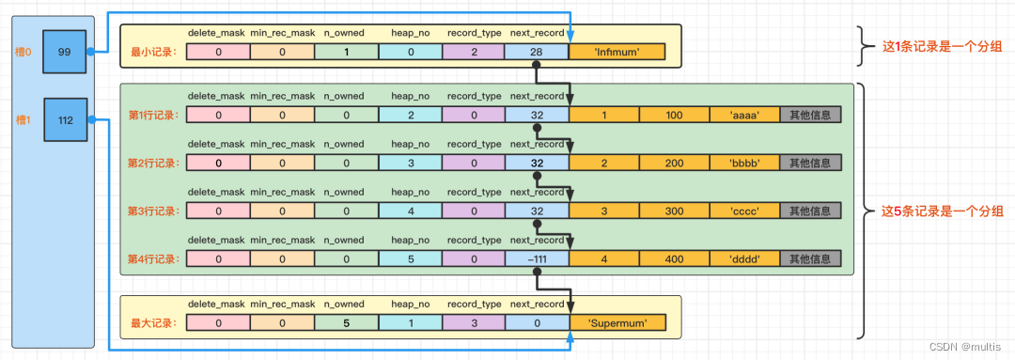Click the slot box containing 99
[64, 52]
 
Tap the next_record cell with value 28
[536, 52]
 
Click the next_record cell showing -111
[536, 258]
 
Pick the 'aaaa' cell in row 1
[744, 115]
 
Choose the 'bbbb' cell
[744, 163]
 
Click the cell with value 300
[674, 211]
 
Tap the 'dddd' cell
[744, 258]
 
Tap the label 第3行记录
[153, 211]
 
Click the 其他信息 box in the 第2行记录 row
[809, 163]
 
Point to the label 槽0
[23, 52]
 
